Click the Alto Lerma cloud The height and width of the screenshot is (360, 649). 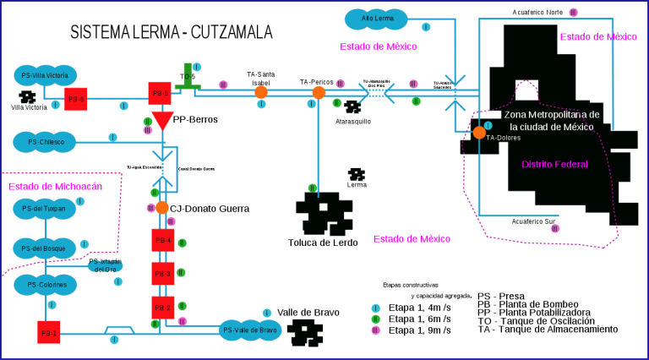pyautogui.click(x=376, y=19)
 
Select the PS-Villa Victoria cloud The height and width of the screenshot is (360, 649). pyautogui.click(x=45, y=75)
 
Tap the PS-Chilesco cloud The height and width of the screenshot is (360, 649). pyautogui.click(x=45, y=142)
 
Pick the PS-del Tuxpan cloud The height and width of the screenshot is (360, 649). pyautogui.click(x=45, y=208)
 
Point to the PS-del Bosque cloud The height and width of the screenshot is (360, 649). pyautogui.click(x=45, y=248)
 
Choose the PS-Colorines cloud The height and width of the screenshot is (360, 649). pyautogui.click(x=45, y=285)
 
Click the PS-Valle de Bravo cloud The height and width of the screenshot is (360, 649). pyautogui.click(x=250, y=330)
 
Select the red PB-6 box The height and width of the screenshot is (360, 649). pyautogui.click(x=76, y=99)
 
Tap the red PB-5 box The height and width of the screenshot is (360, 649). pyautogui.click(x=160, y=93)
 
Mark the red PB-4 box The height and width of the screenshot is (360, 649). pyautogui.click(x=163, y=240)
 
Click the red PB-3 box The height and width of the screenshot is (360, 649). pyautogui.click(x=163, y=274)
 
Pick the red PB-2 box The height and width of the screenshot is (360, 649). pyautogui.click(x=163, y=308)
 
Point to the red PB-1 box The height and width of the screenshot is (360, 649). pyautogui.click(x=49, y=332)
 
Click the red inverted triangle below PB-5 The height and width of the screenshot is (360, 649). pyautogui.click(x=162, y=119)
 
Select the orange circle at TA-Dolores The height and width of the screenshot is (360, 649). pyautogui.click(x=479, y=133)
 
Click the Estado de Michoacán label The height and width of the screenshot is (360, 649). pyautogui.click(x=55, y=186)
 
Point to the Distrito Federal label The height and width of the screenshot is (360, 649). pyautogui.click(x=554, y=164)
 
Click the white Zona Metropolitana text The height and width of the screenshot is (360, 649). pyautogui.click(x=551, y=120)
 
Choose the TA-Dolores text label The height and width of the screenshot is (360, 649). pyautogui.click(x=504, y=138)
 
